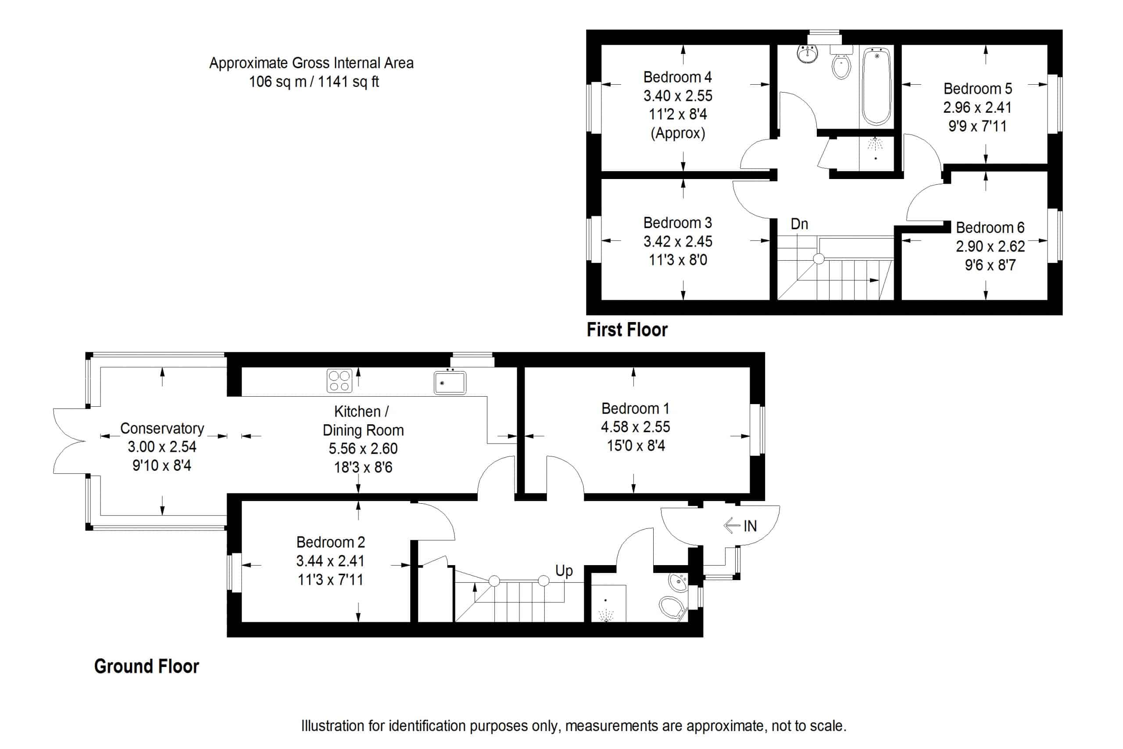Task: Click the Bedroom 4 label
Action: [677, 77]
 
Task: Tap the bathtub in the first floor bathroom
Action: [876, 86]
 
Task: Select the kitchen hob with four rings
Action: [339, 381]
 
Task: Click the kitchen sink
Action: [449, 383]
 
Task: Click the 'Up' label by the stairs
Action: [563, 570]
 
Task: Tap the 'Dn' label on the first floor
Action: [799, 223]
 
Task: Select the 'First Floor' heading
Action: [626, 330]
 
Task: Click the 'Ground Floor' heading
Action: [146, 667]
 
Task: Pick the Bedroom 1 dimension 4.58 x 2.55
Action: [635, 426]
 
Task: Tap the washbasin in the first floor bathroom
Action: [808, 53]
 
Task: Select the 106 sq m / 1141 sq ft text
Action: [314, 82]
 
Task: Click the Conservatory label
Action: [162, 428]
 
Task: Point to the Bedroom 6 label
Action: [990, 227]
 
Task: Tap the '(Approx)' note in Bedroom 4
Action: [677, 133]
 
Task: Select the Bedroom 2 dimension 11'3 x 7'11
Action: [330, 580]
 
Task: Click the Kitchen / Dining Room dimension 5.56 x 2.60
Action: [363, 448]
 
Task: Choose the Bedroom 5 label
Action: [977, 88]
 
